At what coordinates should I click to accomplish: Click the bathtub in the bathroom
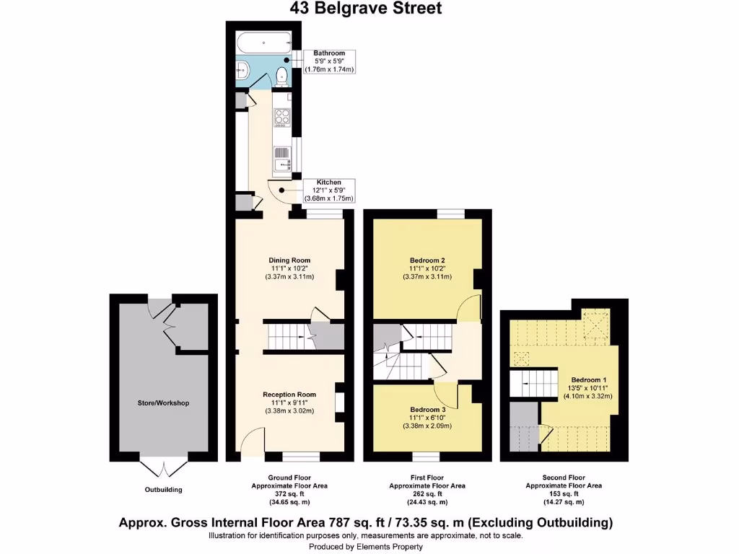coord(264,42)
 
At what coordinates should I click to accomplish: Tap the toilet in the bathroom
coord(282,76)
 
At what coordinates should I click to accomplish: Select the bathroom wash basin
coord(242,71)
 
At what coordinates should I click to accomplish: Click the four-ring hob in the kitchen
coord(281,118)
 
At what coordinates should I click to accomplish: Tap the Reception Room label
coord(289,395)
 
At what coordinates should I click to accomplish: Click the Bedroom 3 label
coord(427,409)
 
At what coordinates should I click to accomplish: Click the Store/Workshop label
coord(163,403)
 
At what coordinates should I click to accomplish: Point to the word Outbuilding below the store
coord(162,490)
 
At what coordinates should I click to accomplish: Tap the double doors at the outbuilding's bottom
coord(162,468)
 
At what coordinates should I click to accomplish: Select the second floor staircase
coord(535,382)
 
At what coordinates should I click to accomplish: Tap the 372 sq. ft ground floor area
coord(289,494)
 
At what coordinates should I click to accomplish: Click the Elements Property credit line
coord(365,547)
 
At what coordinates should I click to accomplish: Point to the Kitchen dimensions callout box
coord(328,190)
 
